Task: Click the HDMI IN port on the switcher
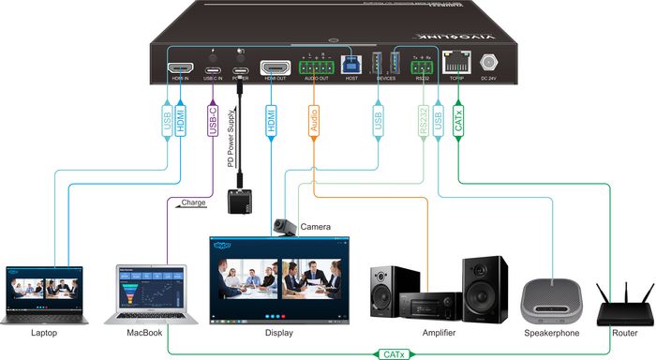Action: point(181,67)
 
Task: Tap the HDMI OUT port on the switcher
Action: point(275,67)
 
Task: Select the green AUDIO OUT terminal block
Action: point(317,67)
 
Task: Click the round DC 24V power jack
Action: point(488,64)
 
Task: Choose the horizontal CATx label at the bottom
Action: point(392,354)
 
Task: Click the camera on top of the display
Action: point(285,226)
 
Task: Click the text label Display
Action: point(278,333)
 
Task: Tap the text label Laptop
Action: point(43,333)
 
